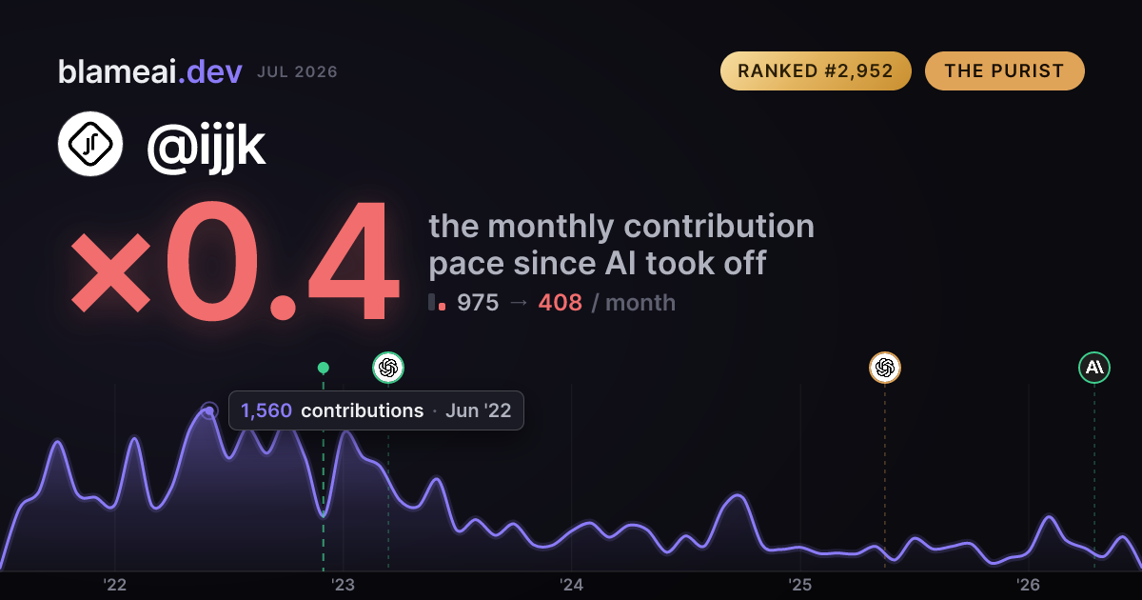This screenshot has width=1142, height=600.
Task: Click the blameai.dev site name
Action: (x=150, y=71)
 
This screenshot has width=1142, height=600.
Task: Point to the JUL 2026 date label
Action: (x=297, y=72)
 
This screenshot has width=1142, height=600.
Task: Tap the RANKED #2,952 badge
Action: (x=816, y=70)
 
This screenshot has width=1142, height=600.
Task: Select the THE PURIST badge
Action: (x=1004, y=70)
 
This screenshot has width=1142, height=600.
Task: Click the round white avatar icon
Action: (x=90, y=144)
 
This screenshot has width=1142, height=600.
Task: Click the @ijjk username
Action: (x=207, y=147)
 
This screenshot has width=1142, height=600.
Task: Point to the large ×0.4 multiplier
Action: (x=234, y=261)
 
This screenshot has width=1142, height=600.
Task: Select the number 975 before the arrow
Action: (x=478, y=303)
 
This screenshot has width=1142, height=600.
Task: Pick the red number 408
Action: (x=561, y=303)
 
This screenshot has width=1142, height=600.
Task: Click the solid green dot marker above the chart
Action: (x=324, y=368)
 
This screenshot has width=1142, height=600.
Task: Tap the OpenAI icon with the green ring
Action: (x=388, y=368)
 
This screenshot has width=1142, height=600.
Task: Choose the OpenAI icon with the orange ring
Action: (x=885, y=368)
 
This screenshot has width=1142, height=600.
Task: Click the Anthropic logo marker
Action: (x=1094, y=368)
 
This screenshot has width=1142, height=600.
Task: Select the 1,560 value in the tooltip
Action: (x=266, y=410)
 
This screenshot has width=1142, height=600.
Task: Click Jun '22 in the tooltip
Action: (x=478, y=410)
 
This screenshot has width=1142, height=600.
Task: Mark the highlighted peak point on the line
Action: (x=209, y=410)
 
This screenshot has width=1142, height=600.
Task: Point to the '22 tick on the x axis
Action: (x=115, y=585)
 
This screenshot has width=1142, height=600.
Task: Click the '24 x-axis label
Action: (x=572, y=585)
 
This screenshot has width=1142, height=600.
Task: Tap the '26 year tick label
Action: (x=1029, y=585)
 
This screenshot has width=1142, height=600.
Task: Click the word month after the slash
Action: (x=640, y=303)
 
